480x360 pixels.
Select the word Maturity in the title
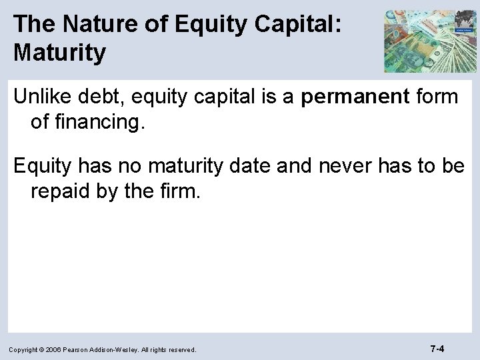tap(59, 53)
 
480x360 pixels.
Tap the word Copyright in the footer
tap(25, 349)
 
